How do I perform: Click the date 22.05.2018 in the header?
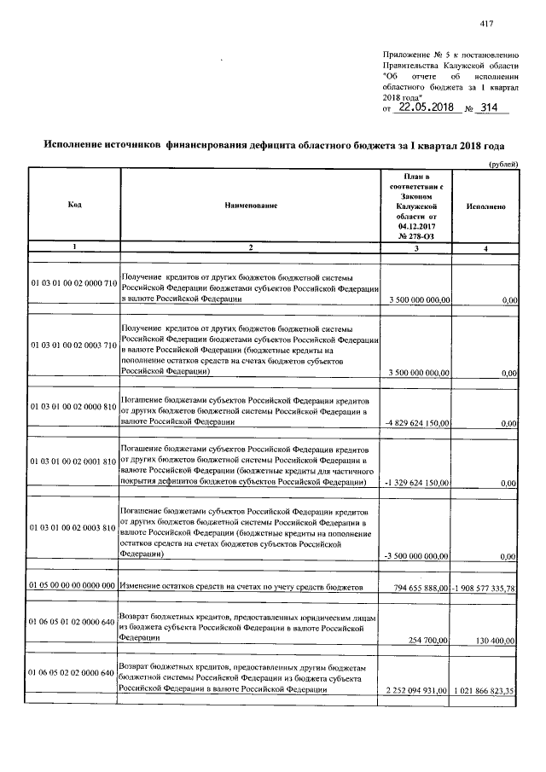pyautogui.click(x=425, y=108)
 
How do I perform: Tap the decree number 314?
pyautogui.click(x=490, y=108)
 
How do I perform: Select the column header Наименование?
pyautogui.click(x=251, y=206)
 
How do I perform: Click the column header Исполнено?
pyautogui.click(x=487, y=206)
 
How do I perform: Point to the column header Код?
pyautogui.click(x=74, y=206)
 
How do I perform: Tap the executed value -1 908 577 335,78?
pyautogui.click(x=485, y=588)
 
